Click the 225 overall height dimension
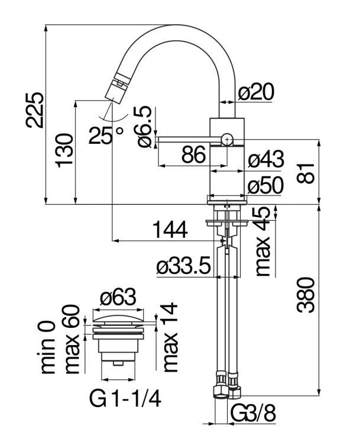(x=34, y=110)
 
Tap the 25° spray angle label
(x=106, y=135)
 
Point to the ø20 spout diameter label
(x=258, y=92)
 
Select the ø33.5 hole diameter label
(x=184, y=267)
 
